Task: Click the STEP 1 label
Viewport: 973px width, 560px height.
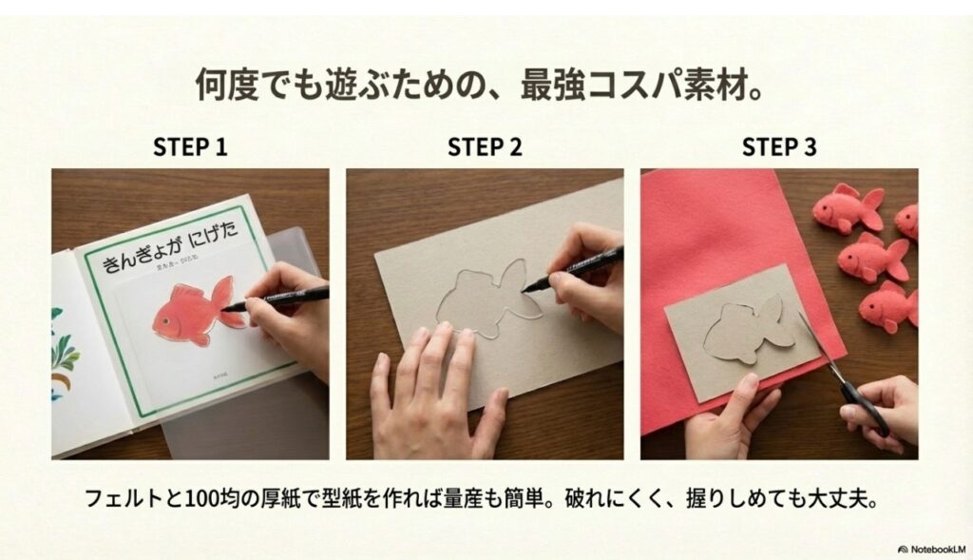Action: coord(189,147)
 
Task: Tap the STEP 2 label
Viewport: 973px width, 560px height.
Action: coord(485,147)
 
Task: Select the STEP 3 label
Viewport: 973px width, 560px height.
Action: coord(779,147)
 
